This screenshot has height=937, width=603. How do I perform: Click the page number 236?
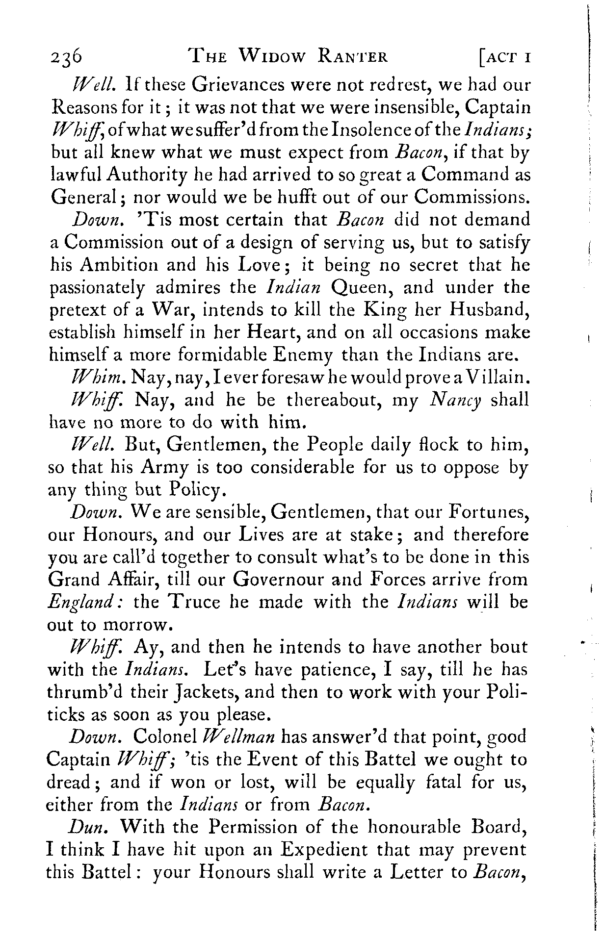pos(66,59)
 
